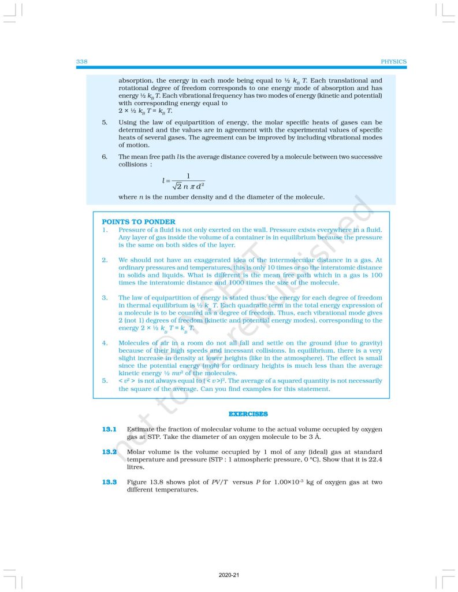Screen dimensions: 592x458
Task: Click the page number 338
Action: pos(81,61)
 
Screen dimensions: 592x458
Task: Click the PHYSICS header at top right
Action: pos(394,61)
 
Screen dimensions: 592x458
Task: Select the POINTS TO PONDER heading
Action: pos(139,221)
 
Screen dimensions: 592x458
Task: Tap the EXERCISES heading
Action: pos(248,414)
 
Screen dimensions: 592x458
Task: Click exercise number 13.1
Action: pos(110,429)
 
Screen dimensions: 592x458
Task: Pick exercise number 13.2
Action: pos(110,451)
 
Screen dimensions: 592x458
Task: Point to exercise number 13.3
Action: pos(110,482)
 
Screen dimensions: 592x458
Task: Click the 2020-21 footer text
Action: pos(229,576)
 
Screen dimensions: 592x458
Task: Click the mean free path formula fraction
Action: pos(185,180)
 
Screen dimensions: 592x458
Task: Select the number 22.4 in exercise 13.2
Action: pos(375,459)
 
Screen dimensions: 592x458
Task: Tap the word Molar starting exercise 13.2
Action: pos(136,451)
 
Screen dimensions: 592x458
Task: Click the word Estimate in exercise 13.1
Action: pos(141,429)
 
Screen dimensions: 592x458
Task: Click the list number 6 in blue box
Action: pos(105,157)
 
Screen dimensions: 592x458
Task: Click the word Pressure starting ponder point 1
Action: pos(132,230)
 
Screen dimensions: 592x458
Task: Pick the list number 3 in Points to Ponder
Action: pos(105,297)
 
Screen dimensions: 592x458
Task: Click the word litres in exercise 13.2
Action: pos(136,467)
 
